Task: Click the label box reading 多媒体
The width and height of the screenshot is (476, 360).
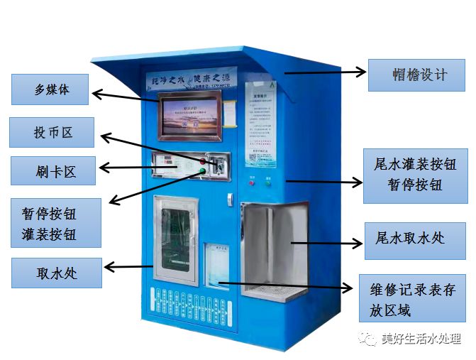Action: click(50, 89)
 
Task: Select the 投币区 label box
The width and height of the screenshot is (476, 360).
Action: click(52, 133)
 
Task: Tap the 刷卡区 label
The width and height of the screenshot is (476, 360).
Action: click(52, 170)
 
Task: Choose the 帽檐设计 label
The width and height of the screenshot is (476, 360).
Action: click(416, 75)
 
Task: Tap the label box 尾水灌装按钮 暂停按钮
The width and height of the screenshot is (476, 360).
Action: click(408, 174)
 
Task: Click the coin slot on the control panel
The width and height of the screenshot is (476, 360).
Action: click(221, 165)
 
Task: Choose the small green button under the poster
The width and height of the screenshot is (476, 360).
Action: click(268, 182)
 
